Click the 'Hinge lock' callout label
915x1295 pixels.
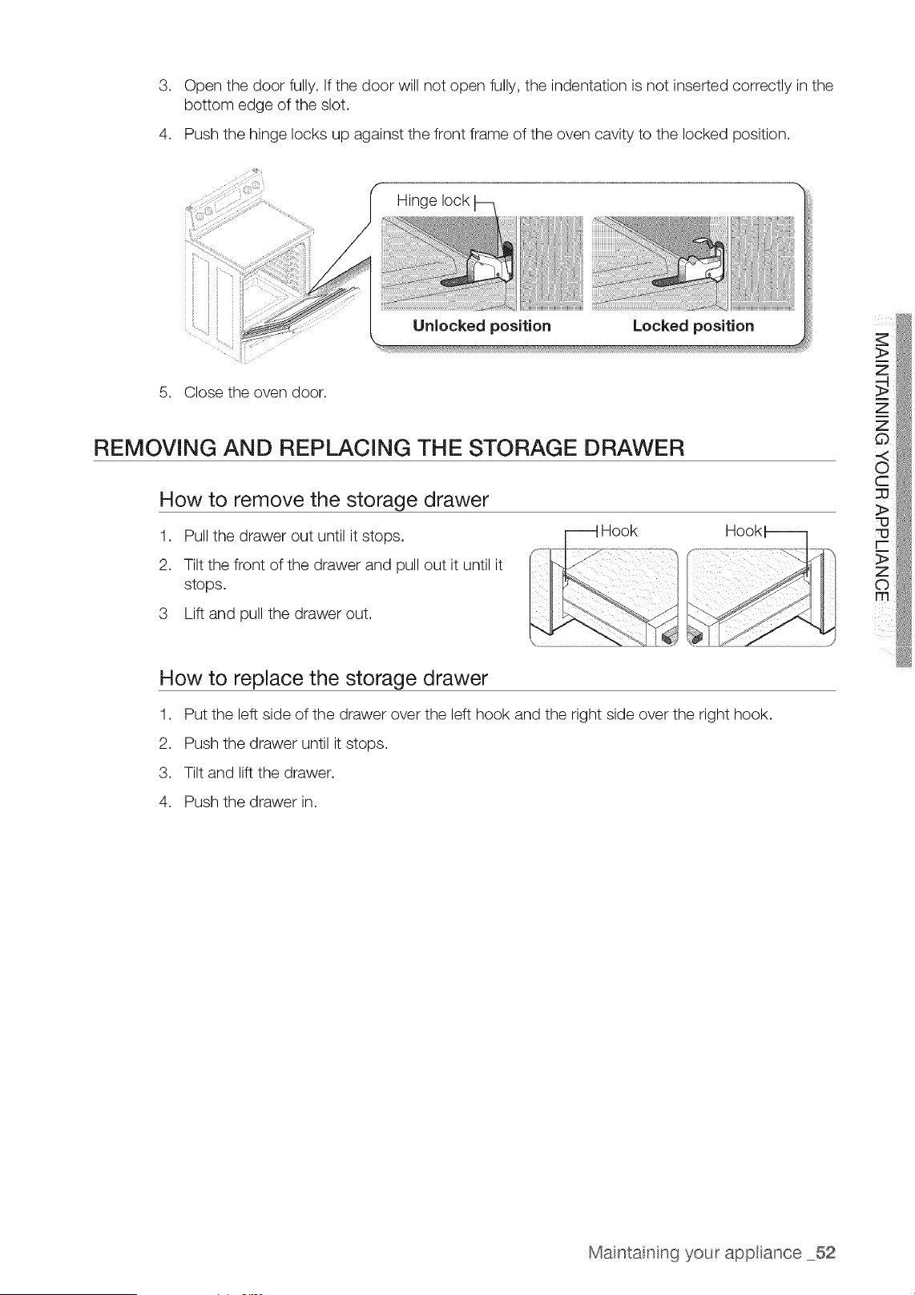point(433,200)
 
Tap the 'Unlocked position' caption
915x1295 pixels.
point(482,326)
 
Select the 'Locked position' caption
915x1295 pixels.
point(694,326)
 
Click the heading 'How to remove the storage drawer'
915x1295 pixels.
point(324,500)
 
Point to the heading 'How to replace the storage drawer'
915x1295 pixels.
point(324,678)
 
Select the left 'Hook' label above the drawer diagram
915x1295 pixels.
point(619,531)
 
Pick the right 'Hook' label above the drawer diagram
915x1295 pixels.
point(744,531)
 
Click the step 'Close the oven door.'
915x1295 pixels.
point(256,392)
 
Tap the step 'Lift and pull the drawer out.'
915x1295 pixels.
point(277,613)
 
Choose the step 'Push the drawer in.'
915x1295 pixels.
point(251,802)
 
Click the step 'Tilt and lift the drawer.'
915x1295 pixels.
point(260,773)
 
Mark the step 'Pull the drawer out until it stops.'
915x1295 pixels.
point(294,537)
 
